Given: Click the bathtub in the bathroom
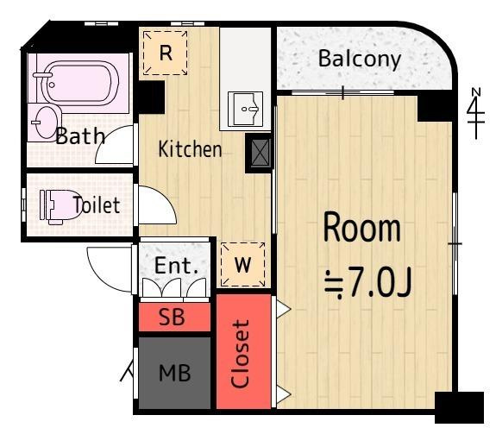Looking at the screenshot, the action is point(80,83).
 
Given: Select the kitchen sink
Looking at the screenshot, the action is point(246,109).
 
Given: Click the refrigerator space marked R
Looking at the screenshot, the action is point(165,53).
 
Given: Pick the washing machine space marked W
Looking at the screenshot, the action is point(242,264).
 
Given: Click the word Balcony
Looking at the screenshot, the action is point(360,60).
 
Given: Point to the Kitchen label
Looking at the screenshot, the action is point(190,149).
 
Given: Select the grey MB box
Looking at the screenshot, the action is point(174,373).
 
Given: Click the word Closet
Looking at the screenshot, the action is point(240,354).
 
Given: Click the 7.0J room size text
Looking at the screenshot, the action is point(369,283).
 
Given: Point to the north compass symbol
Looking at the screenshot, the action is point(476,113).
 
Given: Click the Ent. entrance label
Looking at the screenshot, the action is point(176,266).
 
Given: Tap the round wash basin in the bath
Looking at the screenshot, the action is point(47,123).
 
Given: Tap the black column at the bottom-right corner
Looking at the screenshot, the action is point(459,407).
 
